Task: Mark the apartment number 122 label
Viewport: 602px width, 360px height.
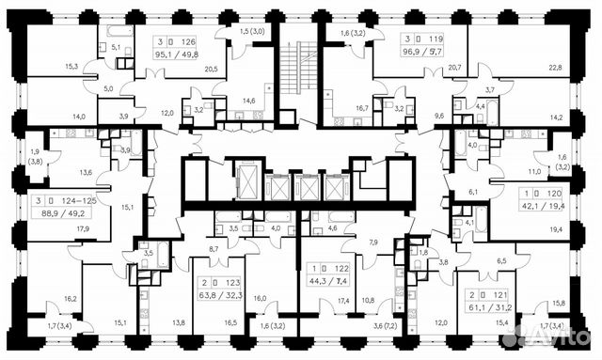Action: pyautogui.click(x=341, y=268)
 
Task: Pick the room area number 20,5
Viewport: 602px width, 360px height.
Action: pyautogui.click(x=211, y=69)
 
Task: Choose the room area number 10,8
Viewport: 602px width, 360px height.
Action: pyautogui.click(x=369, y=301)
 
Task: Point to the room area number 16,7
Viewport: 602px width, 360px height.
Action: pyautogui.click(x=360, y=108)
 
